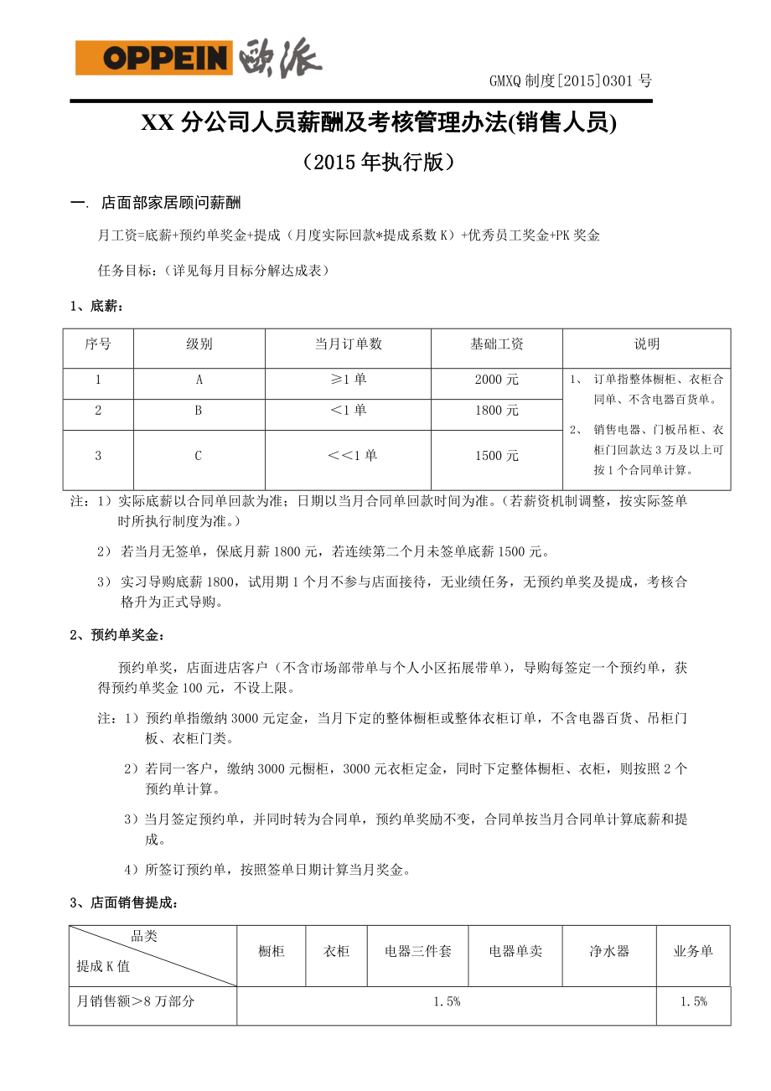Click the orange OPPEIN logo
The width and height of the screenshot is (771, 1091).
pyautogui.click(x=153, y=59)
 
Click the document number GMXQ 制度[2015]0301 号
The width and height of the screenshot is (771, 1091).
pyautogui.click(x=570, y=81)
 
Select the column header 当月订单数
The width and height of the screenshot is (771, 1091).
pyautogui.click(x=348, y=344)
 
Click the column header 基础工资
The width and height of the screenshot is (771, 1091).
pyautogui.click(x=496, y=344)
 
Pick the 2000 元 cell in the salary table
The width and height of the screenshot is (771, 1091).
pyautogui.click(x=496, y=380)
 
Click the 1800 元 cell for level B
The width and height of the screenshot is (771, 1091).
pyautogui.click(x=496, y=411)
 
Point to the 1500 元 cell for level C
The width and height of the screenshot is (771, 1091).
pyautogui.click(x=496, y=456)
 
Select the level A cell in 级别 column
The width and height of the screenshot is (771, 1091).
pyautogui.click(x=199, y=380)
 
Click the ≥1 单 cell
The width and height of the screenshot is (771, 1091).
pyautogui.click(x=348, y=380)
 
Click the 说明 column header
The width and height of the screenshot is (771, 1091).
pyautogui.click(x=646, y=344)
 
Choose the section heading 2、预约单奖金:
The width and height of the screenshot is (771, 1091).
pyautogui.click(x=117, y=634)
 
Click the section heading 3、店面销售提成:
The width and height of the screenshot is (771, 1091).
pyautogui.click(x=124, y=902)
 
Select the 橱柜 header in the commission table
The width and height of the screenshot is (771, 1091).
pyautogui.click(x=271, y=951)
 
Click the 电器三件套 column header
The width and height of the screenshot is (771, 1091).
pyautogui.click(x=417, y=951)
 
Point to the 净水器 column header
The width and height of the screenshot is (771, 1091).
pyautogui.click(x=608, y=951)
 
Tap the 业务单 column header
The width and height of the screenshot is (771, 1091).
pyautogui.click(x=693, y=951)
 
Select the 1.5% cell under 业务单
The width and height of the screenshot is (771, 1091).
pyautogui.click(x=693, y=1001)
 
